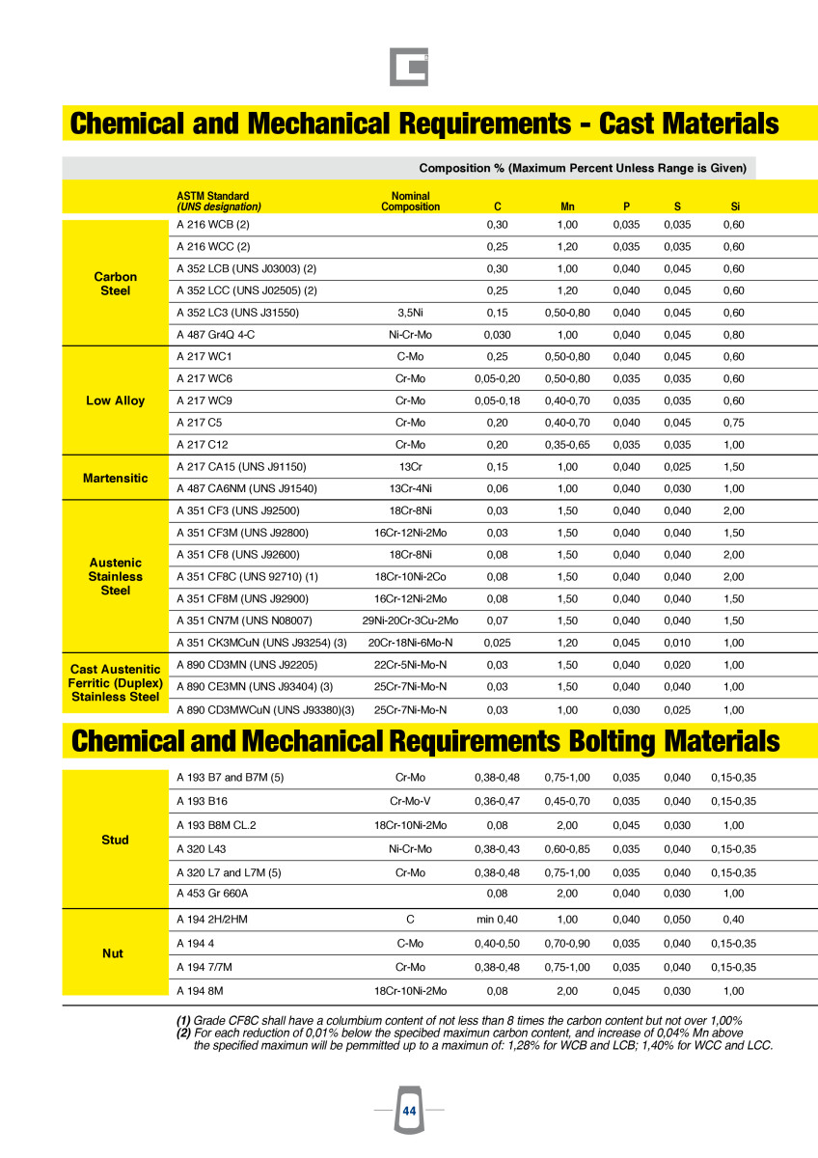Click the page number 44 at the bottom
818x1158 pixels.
(x=409, y=1112)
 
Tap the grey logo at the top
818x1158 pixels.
(x=409, y=67)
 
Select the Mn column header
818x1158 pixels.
(x=567, y=207)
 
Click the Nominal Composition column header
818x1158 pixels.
(x=411, y=201)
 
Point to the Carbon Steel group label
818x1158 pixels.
(x=115, y=284)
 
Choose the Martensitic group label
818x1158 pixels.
(x=115, y=478)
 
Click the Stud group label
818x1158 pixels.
(x=115, y=840)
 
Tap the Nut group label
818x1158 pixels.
(x=113, y=953)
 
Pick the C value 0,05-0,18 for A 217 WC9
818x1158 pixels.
(x=497, y=400)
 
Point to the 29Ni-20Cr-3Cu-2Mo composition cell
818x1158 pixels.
(x=411, y=620)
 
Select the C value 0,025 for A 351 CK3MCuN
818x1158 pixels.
(x=497, y=643)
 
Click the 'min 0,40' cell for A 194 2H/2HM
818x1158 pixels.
(x=497, y=920)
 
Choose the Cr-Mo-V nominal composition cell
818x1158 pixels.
(x=411, y=801)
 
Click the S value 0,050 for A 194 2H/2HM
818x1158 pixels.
(x=677, y=920)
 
